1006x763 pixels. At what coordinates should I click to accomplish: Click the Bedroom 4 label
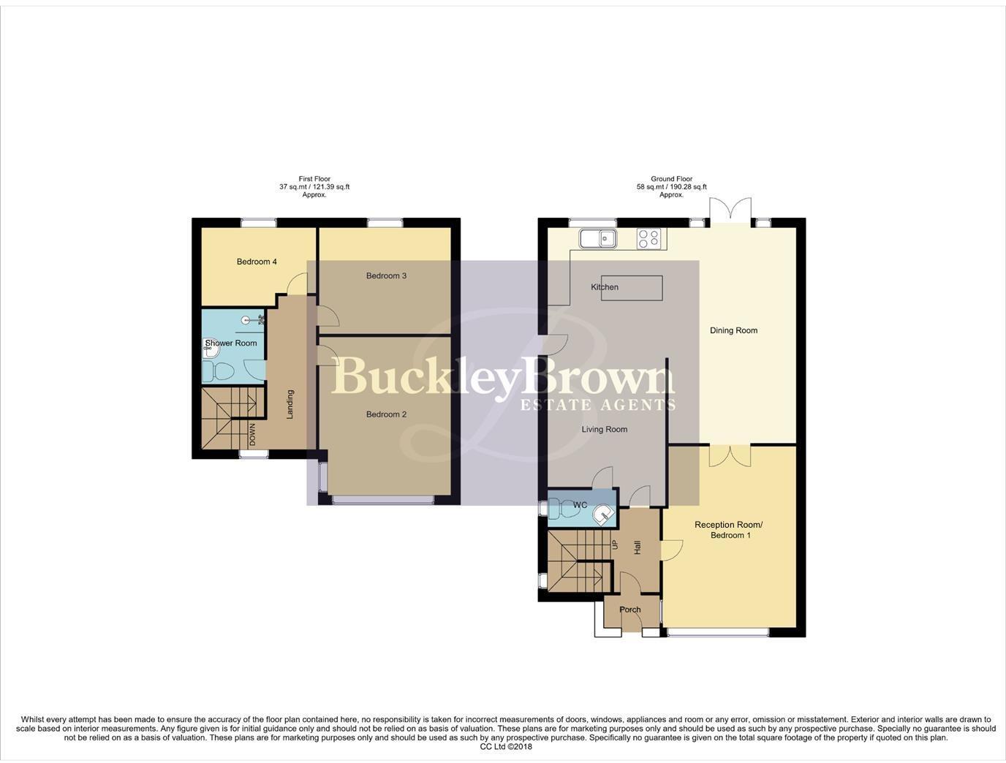click(257, 262)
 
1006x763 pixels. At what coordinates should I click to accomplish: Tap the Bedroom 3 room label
click(386, 276)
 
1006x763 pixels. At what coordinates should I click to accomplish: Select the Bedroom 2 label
click(386, 414)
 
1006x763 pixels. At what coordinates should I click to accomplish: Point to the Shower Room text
click(231, 343)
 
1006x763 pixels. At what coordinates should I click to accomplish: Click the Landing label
click(290, 404)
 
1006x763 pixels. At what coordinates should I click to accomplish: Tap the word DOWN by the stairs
click(252, 435)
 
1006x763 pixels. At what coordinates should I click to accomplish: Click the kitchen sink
click(598, 238)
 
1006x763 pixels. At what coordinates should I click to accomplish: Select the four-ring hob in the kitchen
click(649, 238)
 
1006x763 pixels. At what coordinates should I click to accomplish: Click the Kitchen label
click(605, 287)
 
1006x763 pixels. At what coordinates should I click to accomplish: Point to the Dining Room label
click(733, 330)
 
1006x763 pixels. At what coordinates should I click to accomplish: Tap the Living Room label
click(605, 429)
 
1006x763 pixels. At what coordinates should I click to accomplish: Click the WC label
click(580, 505)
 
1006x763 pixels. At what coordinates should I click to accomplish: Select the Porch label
click(629, 610)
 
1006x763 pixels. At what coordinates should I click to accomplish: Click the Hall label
click(637, 547)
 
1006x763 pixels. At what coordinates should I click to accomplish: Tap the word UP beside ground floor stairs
click(615, 544)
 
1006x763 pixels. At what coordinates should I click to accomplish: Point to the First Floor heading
click(314, 178)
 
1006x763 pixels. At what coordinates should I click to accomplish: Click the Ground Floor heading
click(671, 178)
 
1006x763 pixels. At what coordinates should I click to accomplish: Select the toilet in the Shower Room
click(218, 372)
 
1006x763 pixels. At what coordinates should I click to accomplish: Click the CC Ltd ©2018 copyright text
click(506, 747)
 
